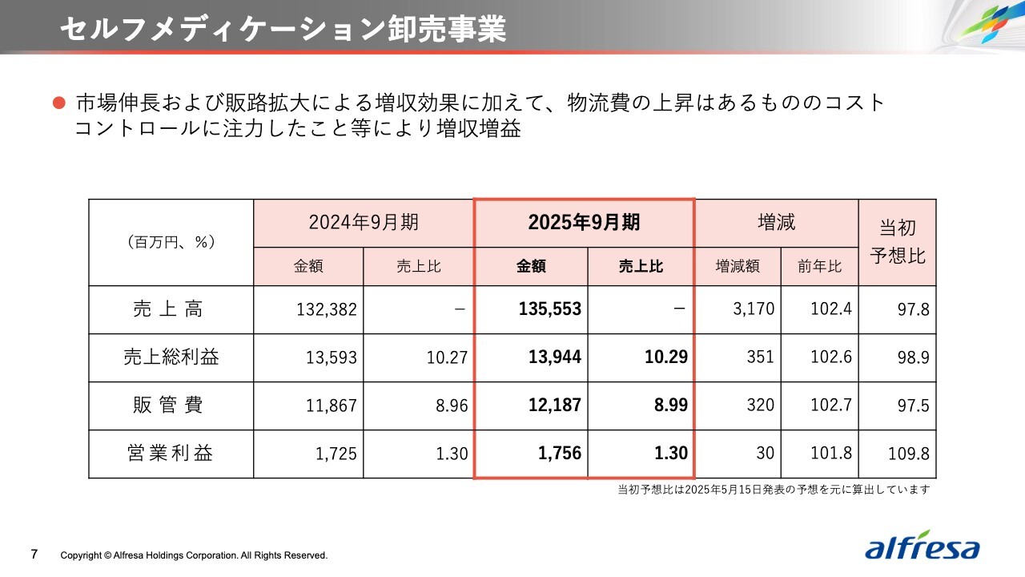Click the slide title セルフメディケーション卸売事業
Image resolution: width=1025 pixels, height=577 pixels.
click(x=283, y=29)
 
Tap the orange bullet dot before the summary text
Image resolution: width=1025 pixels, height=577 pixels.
click(x=58, y=103)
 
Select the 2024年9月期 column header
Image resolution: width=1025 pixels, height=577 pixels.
click(x=364, y=223)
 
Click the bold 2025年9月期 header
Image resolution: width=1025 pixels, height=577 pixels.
click(x=584, y=223)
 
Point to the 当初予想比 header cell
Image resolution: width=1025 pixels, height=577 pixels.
click(x=897, y=242)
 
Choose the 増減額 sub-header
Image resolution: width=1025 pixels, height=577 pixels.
click(x=738, y=267)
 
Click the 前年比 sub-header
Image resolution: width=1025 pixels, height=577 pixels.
click(x=819, y=267)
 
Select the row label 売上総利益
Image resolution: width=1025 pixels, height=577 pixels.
click(x=171, y=357)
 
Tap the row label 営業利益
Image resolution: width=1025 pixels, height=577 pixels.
click(x=171, y=454)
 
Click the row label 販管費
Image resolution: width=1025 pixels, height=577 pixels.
click(x=171, y=406)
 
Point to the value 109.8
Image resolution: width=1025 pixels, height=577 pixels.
click(x=909, y=454)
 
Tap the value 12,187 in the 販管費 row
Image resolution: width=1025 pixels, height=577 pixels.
click(x=554, y=406)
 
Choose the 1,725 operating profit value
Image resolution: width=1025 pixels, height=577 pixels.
click(x=336, y=454)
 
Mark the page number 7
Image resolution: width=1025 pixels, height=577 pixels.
click(x=34, y=554)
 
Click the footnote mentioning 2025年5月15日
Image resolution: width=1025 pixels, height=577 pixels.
click(x=774, y=489)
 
